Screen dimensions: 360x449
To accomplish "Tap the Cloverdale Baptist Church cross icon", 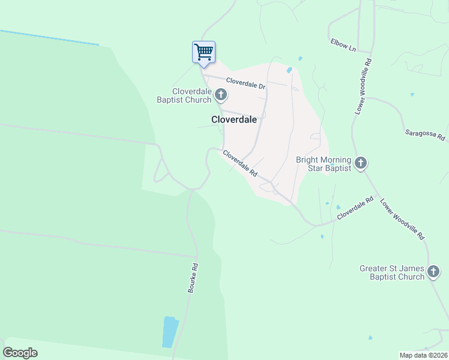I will tap(221, 94).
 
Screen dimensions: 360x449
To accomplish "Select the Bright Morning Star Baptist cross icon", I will tap(361, 163).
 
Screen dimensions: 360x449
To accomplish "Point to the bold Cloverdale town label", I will tap(234, 119).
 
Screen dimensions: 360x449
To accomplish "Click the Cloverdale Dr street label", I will tap(246, 83).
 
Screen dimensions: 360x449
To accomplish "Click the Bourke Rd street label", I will tap(193, 278).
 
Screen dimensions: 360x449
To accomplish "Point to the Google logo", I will tap(20, 353).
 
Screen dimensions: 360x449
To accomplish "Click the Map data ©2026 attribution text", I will tap(423, 355).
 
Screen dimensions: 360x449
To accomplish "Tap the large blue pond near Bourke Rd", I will tap(170, 332).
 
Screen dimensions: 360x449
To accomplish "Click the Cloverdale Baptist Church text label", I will tap(184, 95).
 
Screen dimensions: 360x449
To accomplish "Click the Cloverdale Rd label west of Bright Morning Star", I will tap(240, 163).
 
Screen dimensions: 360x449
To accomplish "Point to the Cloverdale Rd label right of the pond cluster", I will tap(355, 208).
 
